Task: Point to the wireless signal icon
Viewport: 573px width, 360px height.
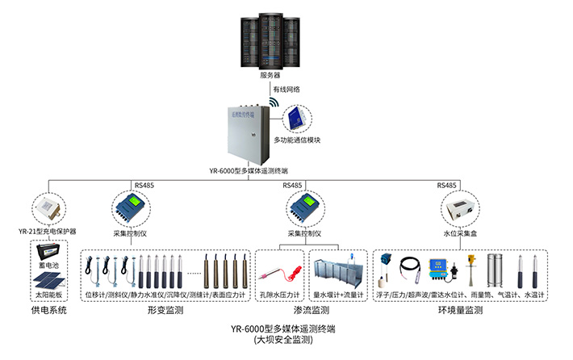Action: [274, 104]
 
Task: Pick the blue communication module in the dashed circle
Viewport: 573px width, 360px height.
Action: [295, 119]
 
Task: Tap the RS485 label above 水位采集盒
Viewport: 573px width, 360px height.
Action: [447, 185]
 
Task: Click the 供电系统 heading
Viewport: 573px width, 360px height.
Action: [48, 309]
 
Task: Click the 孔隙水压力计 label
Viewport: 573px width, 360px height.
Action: [281, 295]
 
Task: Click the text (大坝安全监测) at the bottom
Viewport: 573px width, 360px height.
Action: [282, 341]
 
